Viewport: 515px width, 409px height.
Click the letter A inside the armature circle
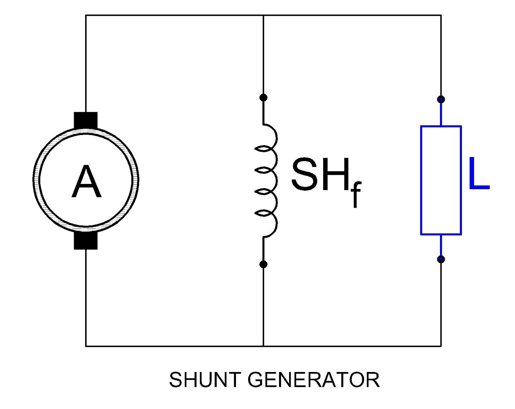click(86, 182)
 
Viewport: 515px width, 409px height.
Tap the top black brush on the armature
click(86, 120)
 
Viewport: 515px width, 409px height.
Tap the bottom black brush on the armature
click(86, 241)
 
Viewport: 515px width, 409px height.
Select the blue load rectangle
click(441, 180)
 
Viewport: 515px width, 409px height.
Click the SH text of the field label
click(320, 174)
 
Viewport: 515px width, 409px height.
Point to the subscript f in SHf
click(356, 195)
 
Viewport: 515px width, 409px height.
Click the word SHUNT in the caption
click(205, 380)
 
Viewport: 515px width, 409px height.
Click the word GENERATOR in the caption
click(314, 380)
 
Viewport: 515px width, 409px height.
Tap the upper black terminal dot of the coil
click(263, 97)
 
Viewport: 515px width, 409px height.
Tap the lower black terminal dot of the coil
click(263, 264)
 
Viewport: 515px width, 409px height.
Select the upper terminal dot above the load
click(441, 99)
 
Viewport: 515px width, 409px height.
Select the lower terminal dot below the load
click(441, 259)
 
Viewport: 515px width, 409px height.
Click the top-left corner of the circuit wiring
click(86, 15)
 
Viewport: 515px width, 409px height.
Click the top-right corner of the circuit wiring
click(441, 15)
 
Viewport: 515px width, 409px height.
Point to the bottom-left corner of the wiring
click(86, 346)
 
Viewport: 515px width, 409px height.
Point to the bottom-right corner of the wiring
click(441, 346)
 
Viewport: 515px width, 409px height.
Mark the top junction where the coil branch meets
click(263, 15)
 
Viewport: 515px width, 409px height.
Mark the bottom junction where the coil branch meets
click(263, 346)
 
